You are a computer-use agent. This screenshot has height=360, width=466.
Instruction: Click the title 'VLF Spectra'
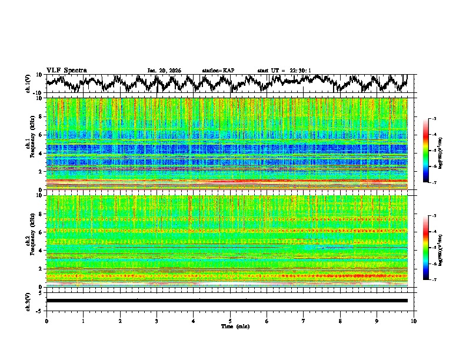click(66, 71)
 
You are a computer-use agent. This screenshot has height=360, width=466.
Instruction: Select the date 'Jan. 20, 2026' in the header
click(164, 71)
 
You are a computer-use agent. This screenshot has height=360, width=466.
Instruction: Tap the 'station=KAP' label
click(218, 71)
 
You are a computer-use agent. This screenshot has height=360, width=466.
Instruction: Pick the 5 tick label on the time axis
click(230, 321)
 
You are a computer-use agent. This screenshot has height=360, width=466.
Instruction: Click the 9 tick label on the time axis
click(377, 321)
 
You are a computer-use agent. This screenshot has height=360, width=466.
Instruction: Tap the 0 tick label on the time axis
click(46, 321)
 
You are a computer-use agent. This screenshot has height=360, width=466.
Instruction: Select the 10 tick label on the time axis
click(414, 321)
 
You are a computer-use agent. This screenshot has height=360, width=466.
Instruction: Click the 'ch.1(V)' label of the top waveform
click(28, 84)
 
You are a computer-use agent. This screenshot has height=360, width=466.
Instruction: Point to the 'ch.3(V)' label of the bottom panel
click(28, 301)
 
